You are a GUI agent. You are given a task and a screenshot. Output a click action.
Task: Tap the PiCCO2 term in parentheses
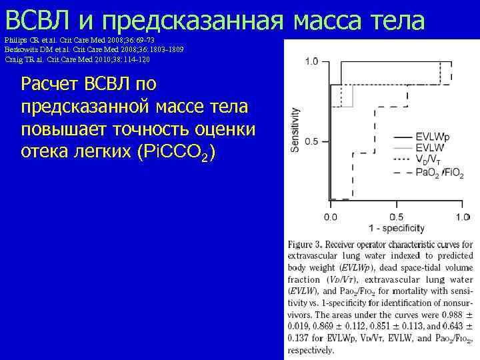click(x=176, y=151)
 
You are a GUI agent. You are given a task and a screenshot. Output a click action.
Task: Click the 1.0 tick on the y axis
click(x=311, y=62)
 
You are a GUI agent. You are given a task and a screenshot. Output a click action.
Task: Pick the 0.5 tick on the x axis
click(x=396, y=217)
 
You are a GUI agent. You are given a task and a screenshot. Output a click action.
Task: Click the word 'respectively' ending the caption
click(x=311, y=350)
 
